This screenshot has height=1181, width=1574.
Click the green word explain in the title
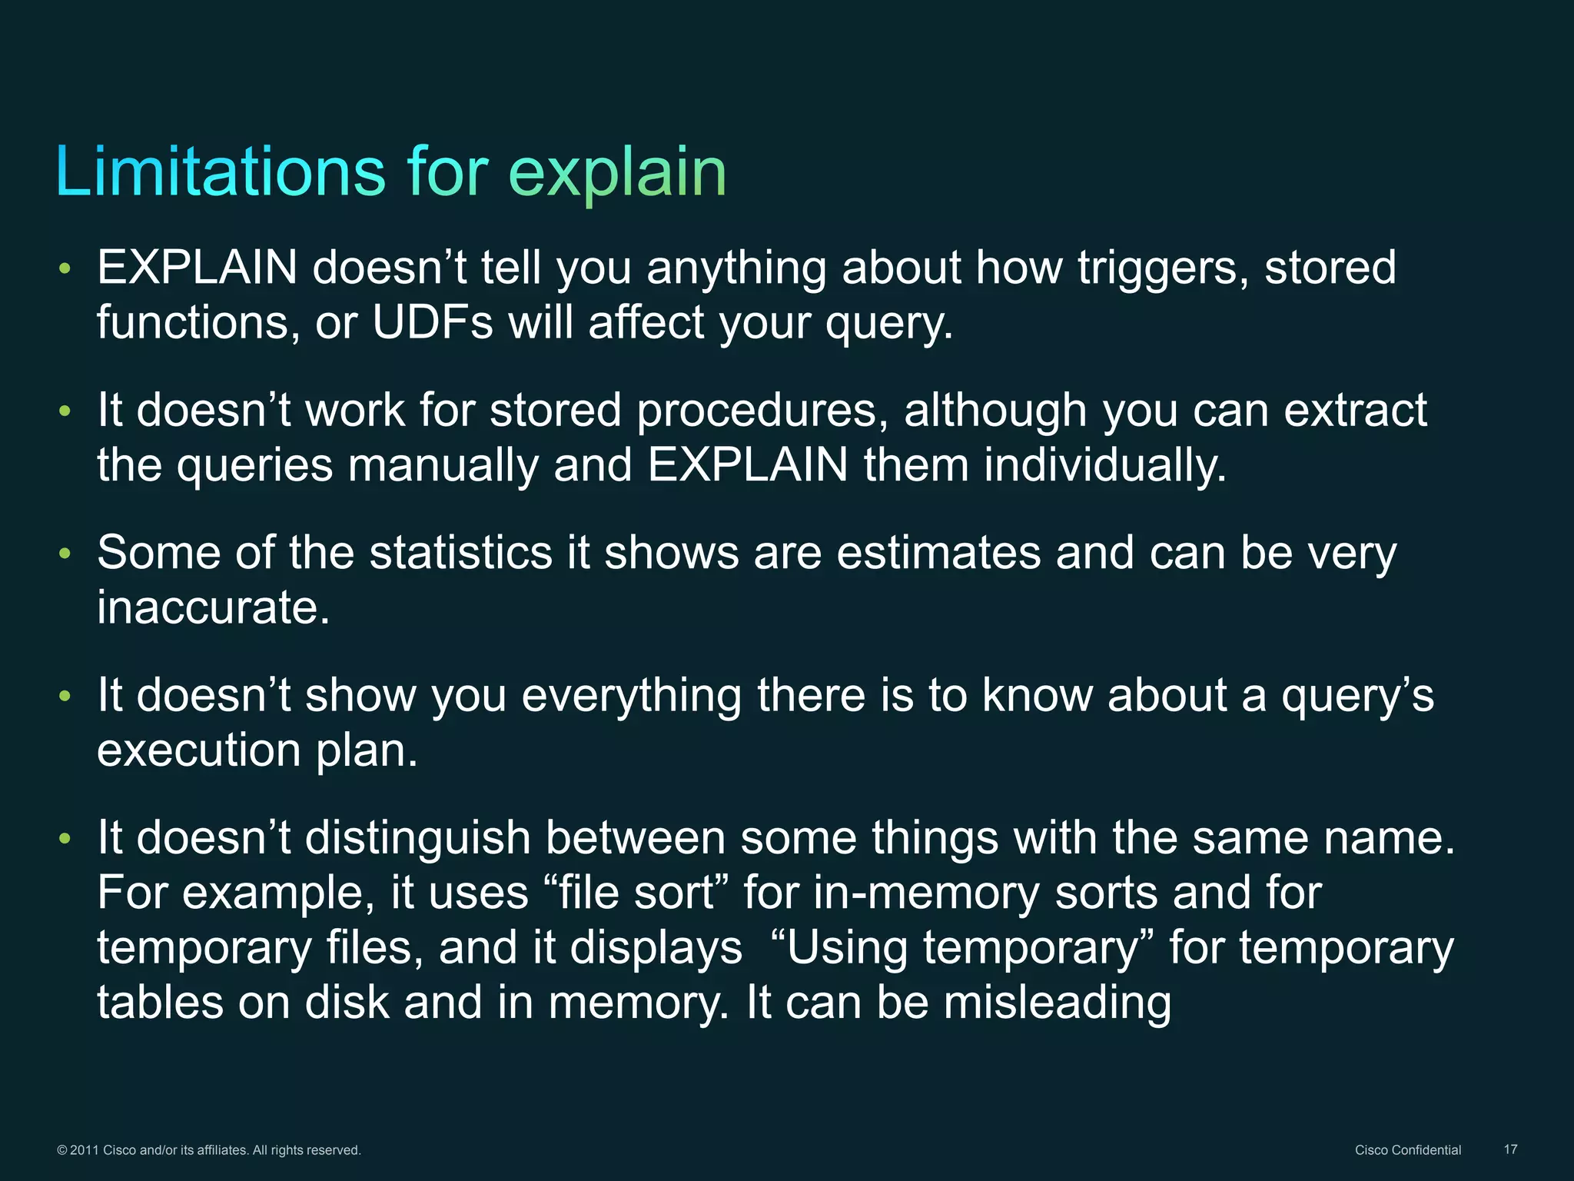click(x=617, y=174)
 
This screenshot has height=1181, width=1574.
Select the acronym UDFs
click(x=432, y=322)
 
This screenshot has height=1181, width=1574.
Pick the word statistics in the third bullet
click(x=460, y=553)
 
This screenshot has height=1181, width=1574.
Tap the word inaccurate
click(x=213, y=607)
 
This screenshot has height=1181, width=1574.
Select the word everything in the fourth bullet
click(x=631, y=695)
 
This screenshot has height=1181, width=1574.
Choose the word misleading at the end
click(x=1057, y=1003)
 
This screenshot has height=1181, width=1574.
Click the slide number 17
click(x=1510, y=1149)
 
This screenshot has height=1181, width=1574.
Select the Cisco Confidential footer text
click(x=1407, y=1149)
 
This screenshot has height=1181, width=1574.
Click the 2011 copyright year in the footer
click(x=85, y=1150)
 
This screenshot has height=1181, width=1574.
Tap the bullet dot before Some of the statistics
click(x=65, y=554)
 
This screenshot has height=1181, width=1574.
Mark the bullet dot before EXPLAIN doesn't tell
click(x=65, y=268)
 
